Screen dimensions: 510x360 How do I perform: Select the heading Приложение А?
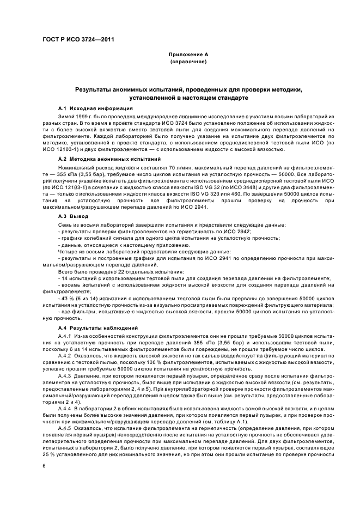(188, 54)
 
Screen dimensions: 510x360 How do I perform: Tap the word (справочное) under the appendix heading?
(188, 62)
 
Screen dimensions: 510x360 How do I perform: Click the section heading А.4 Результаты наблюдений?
(97, 327)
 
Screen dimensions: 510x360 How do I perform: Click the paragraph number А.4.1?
(67, 336)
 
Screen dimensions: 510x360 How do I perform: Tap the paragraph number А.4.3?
(67, 376)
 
